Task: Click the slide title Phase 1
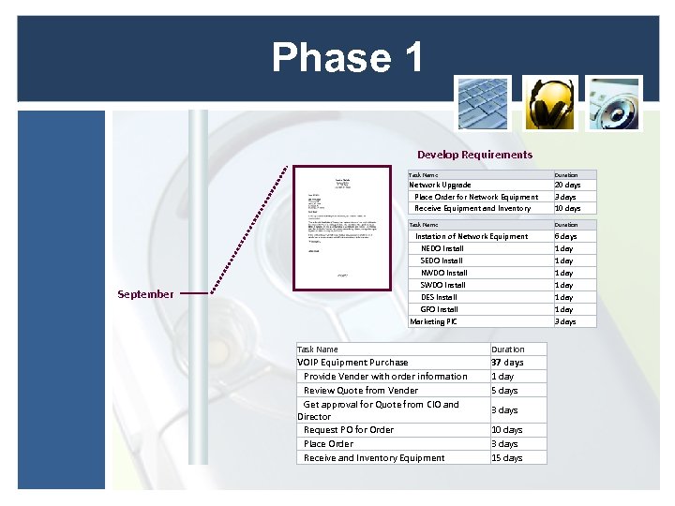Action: click(x=347, y=57)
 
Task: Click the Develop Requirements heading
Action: click(x=474, y=155)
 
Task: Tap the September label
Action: click(x=145, y=294)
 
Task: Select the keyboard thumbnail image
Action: click(x=483, y=104)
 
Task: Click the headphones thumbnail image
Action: click(x=549, y=104)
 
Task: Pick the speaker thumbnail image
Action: click(x=614, y=104)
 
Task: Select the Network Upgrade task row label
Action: click(x=440, y=185)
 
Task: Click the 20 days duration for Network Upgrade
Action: click(x=567, y=185)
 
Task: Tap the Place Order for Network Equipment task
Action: click(x=476, y=197)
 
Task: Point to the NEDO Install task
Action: click(x=442, y=248)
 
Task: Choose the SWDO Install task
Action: click(x=442, y=285)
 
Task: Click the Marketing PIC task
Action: click(x=433, y=321)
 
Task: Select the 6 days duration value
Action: click(x=565, y=236)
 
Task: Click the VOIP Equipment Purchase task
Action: click(x=352, y=362)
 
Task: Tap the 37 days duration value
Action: click(x=507, y=362)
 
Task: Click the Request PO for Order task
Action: click(x=349, y=429)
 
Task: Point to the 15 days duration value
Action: click(x=506, y=457)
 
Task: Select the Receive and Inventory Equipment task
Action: click(x=374, y=457)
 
